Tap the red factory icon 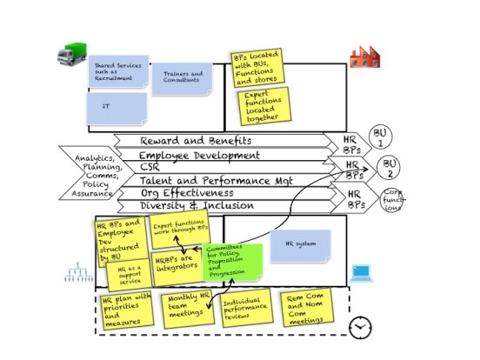(364, 57)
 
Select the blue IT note (117, 108)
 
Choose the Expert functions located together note (266, 104)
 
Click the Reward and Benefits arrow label (196, 140)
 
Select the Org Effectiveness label (186, 193)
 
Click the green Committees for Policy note (232, 261)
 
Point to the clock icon (360, 328)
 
